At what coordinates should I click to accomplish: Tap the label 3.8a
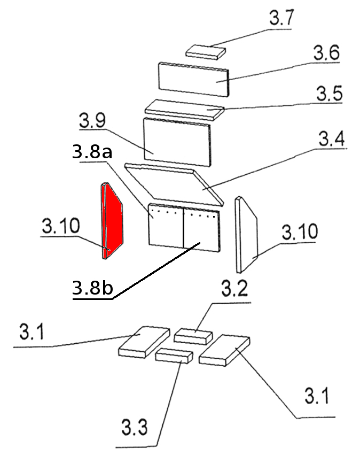tap(91, 153)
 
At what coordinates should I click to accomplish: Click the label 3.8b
tap(92, 289)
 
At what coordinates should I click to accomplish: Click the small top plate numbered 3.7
tap(206, 51)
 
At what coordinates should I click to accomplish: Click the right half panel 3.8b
tap(201, 229)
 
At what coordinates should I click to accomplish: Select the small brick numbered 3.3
tap(174, 356)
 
